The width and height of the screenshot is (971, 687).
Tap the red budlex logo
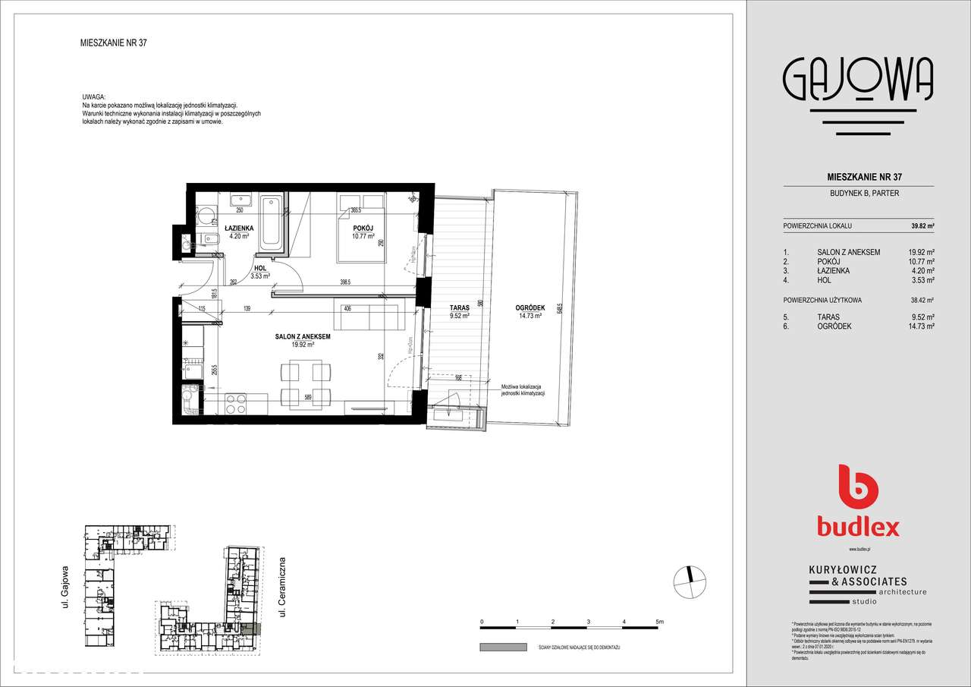click(x=858, y=501)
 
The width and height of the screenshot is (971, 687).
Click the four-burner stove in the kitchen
click(x=236, y=404)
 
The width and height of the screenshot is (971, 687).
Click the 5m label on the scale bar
click(x=659, y=622)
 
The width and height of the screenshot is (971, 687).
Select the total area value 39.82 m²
click(x=922, y=226)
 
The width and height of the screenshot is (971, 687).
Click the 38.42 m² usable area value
click(x=922, y=300)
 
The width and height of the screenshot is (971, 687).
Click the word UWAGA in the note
click(x=94, y=98)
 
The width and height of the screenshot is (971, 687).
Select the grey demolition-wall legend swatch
click(x=503, y=647)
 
